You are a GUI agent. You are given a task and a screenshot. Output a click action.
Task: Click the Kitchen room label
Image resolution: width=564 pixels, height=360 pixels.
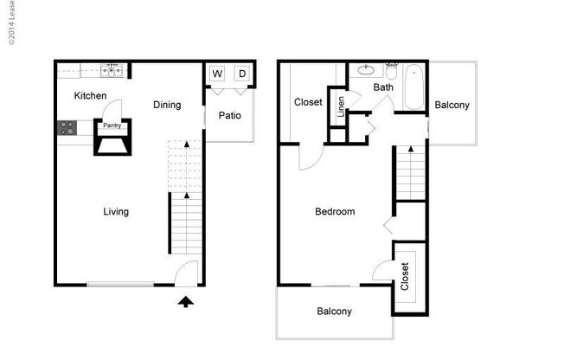pos(90,95)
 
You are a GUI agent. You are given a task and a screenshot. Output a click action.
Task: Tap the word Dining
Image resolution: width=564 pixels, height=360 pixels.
pos(167,106)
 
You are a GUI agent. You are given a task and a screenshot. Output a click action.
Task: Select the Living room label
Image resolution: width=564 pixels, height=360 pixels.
pos(116,211)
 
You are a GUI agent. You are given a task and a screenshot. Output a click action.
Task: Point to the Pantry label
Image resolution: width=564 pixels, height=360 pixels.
pos(112,125)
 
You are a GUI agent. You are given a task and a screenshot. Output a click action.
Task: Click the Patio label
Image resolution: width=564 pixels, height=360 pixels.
pos(229,115)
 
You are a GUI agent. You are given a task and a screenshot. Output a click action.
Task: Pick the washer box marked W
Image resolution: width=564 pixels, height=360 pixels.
pos(216,74)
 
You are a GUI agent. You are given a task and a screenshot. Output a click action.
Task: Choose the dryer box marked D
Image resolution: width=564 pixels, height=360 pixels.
pos(242,74)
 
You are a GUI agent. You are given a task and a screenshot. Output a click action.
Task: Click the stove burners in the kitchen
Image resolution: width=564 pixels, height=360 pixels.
pos(66,128)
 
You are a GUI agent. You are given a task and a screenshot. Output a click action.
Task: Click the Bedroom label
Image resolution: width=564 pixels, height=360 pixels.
pos(334,211)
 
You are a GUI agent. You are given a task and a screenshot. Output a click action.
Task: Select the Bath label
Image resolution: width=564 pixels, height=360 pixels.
pos(383,87)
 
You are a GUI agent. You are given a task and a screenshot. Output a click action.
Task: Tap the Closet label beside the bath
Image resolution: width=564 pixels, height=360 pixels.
pos(308,102)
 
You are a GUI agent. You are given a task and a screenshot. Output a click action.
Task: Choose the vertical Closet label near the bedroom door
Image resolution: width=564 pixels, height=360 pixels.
pos(404,277)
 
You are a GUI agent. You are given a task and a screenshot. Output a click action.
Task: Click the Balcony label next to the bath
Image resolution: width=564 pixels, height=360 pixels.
pos(452,106)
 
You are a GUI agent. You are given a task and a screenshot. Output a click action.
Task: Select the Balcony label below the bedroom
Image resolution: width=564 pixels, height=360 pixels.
pos(334,312)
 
